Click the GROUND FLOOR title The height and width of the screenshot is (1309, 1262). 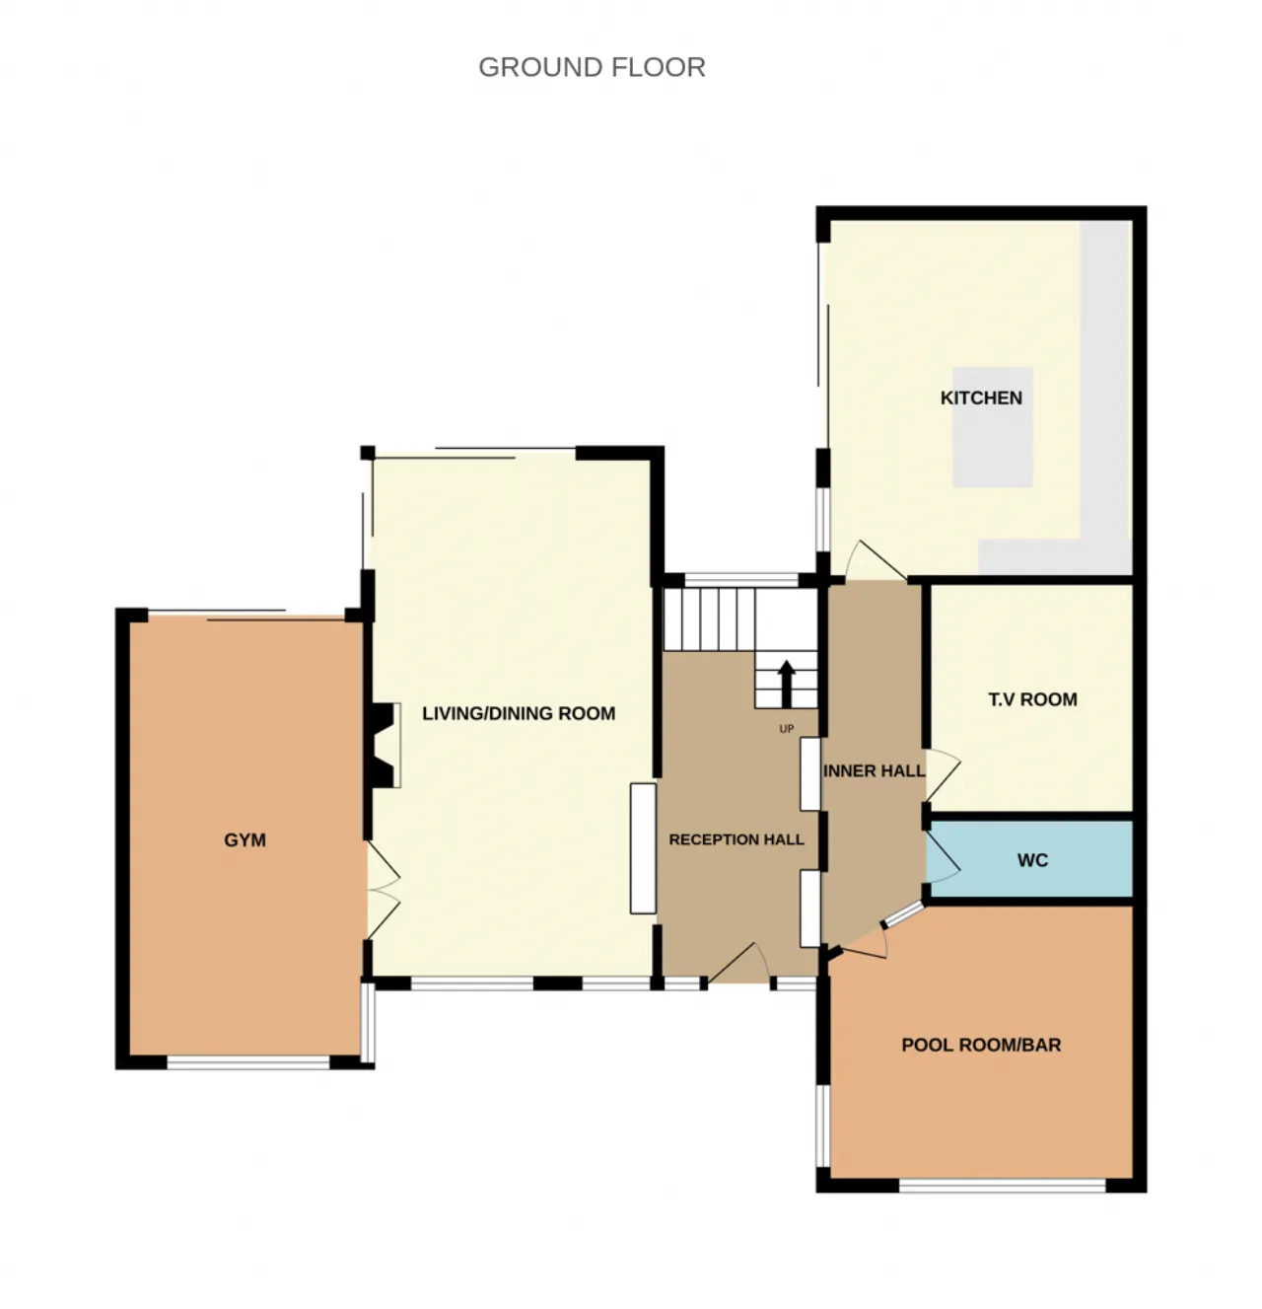(592, 67)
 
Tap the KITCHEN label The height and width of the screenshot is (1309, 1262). (981, 398)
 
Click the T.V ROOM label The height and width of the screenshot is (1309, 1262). (1032, 699)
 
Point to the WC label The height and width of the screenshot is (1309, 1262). (1032, 860)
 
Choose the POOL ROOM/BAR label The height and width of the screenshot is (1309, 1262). (981, 1045)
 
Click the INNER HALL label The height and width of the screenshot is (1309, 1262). (874, 770)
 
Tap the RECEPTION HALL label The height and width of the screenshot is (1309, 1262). (736, 839)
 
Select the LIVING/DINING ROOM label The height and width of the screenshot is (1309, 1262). (519, 713)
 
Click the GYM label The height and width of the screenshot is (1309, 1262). (245, 840)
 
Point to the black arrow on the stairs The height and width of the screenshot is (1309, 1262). (787, 683)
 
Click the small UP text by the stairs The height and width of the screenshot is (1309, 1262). (786, 729)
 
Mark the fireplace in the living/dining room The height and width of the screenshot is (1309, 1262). (385, 745)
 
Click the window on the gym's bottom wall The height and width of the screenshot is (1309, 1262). (247, 1062)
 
